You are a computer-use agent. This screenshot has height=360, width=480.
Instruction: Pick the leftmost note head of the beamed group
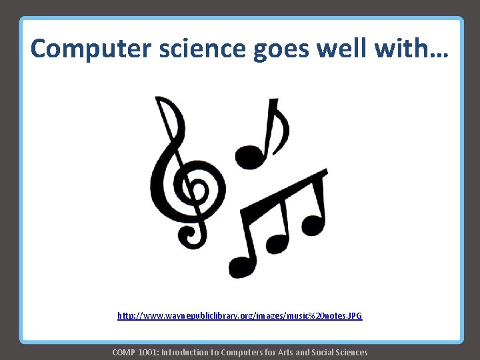(x=242, y=265)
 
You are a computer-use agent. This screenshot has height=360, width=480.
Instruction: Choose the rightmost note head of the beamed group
(x=312, y=224)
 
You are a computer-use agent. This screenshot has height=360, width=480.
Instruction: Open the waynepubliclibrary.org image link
(x=240, y=315)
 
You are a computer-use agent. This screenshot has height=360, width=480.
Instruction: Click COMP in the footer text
(x=123, y=352)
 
